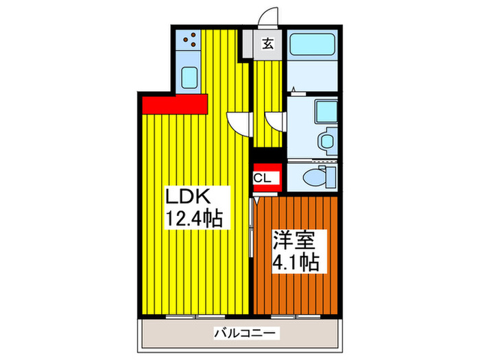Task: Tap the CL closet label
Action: coord(265,178)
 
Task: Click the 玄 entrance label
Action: coord(268,45)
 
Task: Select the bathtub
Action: coord(311,46)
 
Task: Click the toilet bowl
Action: coord(317,177)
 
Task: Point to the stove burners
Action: coord(189,42)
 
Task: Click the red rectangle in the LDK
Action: coord(175,104)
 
